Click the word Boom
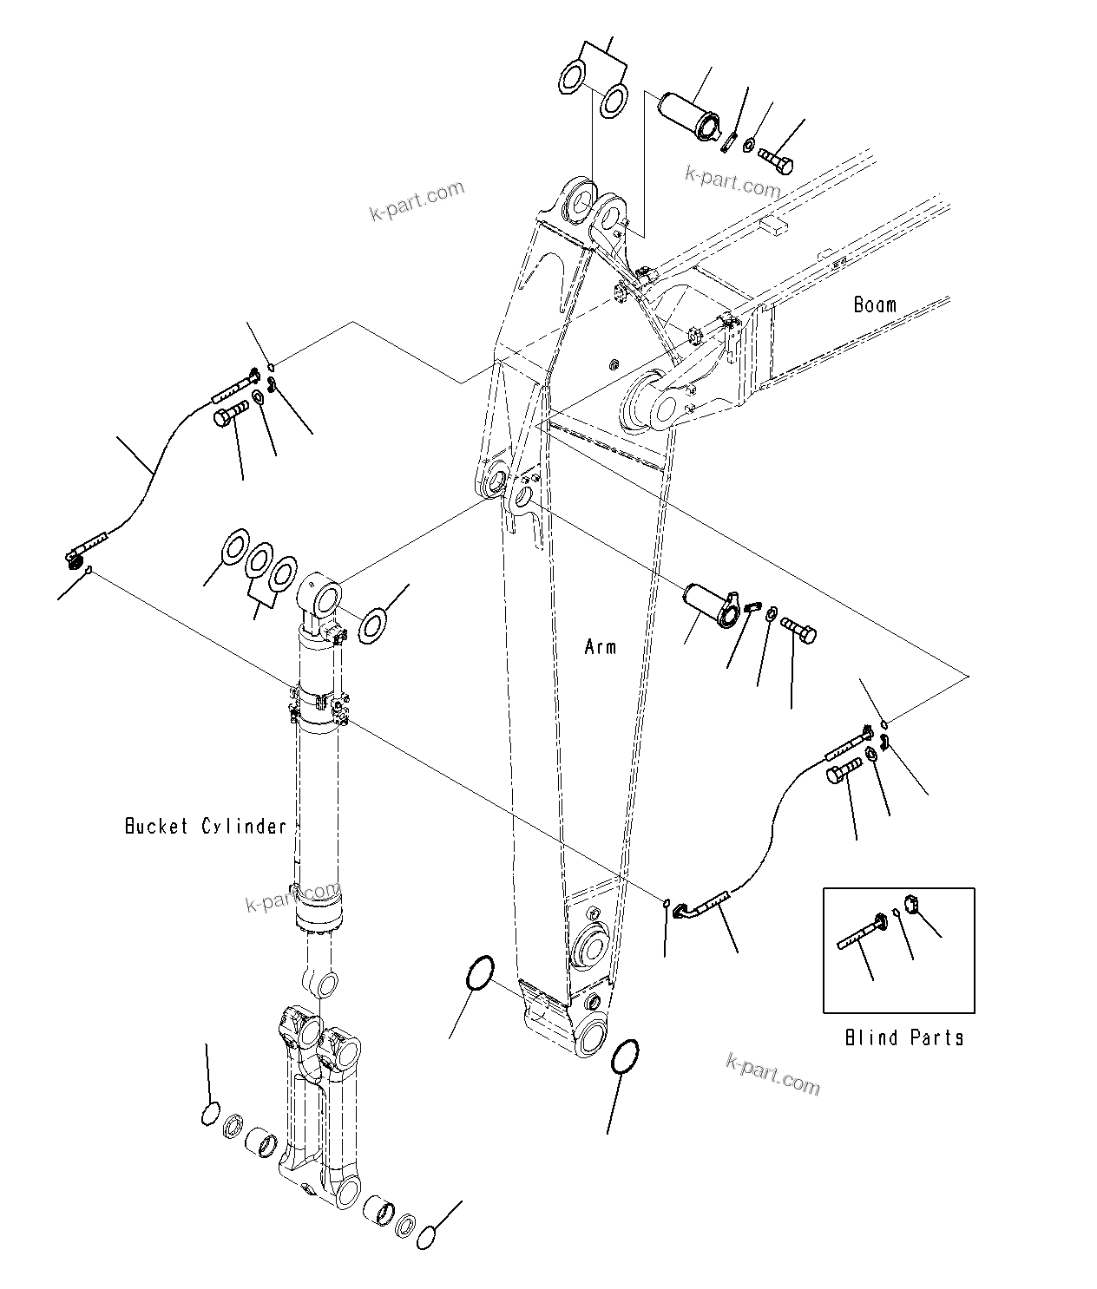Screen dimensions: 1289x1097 coord(874,304)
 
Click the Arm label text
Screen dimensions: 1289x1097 coord(601,646)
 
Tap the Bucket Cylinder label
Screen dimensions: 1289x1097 coord(206,826)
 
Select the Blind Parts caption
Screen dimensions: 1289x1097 coord(903,1037)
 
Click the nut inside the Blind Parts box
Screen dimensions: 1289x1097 coord(912,906)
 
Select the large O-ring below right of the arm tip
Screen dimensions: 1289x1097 coord(626,1057)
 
